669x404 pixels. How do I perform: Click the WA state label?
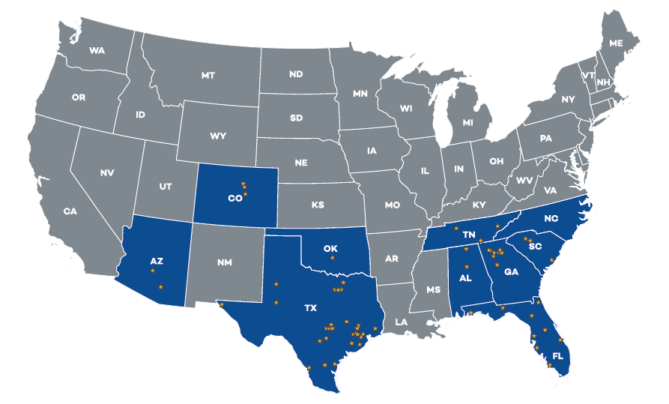(x=97, y=51)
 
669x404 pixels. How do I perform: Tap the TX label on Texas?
(x=310, y=307)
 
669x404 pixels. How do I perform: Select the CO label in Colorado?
(x=234, y=199)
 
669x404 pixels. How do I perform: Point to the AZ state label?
(x=157, y=261)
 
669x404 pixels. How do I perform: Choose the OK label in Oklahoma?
(x=331, y=247)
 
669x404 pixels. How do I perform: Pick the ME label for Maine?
(x=616, y=43)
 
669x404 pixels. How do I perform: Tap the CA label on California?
(x=70, y=211)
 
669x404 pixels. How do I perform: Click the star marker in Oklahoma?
(x=333, y=258)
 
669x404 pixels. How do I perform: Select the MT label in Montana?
(x=208, y=75)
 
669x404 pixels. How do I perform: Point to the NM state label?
(x=224, y=262)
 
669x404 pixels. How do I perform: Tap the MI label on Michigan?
(x=468, y=122)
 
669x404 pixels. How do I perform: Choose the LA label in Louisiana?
(x=402, y=322)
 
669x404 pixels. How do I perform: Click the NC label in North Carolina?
(x=551, y=220)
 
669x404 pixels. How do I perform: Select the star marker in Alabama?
(x=466, y=268)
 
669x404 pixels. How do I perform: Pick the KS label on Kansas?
(x=318, y=205)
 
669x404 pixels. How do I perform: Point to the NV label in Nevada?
(x=107, y=172)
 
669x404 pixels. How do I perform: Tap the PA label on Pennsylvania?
(x=545, y=138)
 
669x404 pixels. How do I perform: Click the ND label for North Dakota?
(x=296, y=74)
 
